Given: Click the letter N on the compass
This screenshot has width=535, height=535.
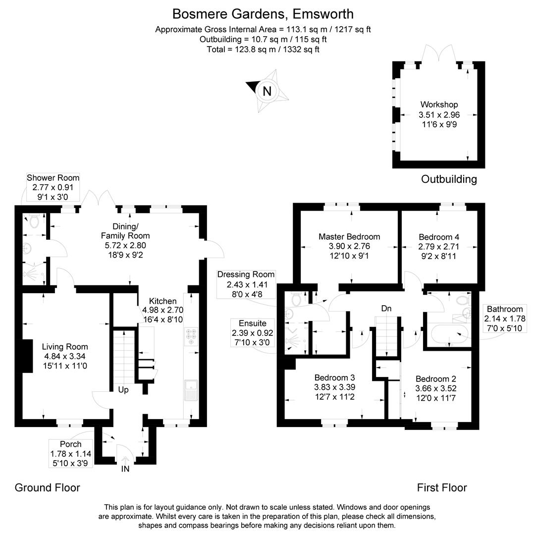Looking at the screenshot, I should (267, 91).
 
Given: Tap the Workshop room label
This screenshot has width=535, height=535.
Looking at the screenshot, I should (439, 105).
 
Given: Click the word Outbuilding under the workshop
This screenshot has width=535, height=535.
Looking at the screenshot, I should (449, 179).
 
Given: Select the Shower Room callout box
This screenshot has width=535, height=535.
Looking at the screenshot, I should (53, 186).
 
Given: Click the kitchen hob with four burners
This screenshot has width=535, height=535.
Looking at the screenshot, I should (191, 335).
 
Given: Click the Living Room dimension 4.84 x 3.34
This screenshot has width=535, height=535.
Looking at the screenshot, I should (65, 356).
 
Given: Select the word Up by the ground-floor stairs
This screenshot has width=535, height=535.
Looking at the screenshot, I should (123, 390).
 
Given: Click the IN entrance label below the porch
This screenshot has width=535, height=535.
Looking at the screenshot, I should (125, 469).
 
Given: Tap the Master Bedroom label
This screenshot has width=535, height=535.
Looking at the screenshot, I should (349, 237).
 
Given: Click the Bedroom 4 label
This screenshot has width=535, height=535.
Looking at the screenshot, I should (439, 237).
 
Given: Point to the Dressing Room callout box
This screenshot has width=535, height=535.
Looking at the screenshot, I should (246, 284).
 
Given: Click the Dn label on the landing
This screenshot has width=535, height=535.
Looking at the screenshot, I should (386, 309).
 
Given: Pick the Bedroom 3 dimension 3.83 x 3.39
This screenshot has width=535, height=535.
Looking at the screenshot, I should (334, 387).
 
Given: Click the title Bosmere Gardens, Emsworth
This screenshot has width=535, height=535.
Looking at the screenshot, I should (263, 13).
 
